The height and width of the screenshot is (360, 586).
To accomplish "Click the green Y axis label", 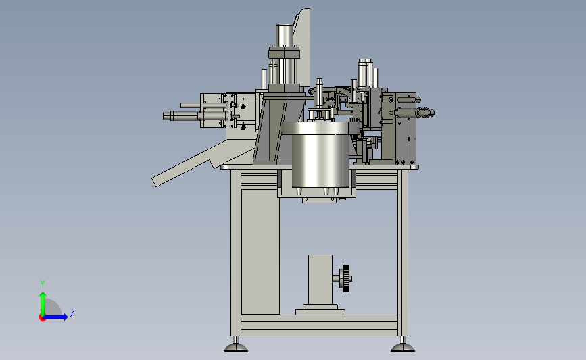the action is coord(43,284).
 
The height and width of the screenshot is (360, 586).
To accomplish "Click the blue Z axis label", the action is coord(72,313).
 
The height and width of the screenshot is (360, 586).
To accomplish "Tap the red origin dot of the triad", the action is coord(42,318).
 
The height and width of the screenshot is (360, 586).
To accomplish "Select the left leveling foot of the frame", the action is coord(236,347).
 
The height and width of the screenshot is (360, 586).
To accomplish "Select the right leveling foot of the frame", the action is coord(403,347).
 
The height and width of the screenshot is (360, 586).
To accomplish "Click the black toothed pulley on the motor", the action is coord(346,278).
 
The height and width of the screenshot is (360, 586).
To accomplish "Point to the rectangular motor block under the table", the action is coord(320,280).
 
